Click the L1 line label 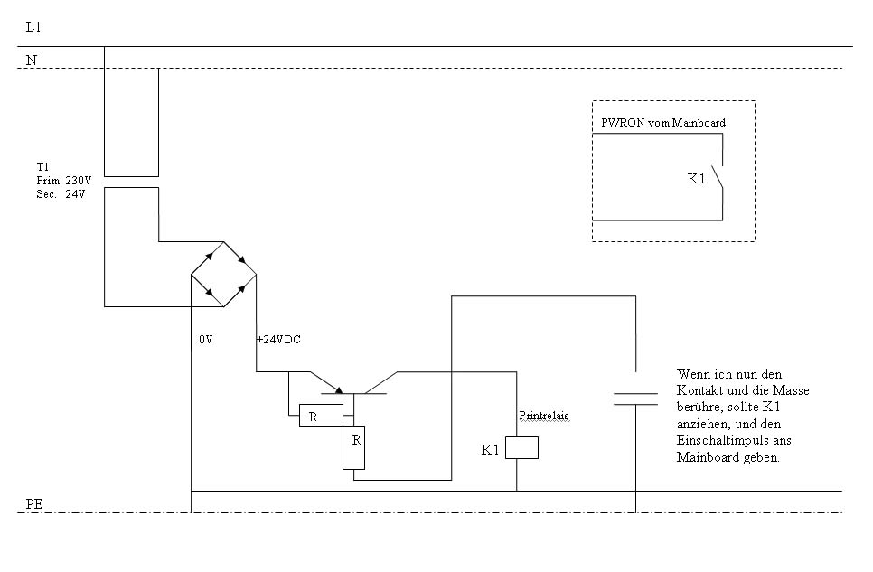(x=33, y=28)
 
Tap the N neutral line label (x=32, y=60)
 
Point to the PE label (x=34, y=503)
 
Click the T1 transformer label (x=42, y=167)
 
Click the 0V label (x=205, y=341)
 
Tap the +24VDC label (x=278, y=341)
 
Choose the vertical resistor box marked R (x=353, y=446)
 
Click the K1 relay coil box (x=521, y=447)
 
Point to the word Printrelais (x=544, y=416)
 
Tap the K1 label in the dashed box (x=696, y=179)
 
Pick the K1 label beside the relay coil (x=490, y=449)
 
